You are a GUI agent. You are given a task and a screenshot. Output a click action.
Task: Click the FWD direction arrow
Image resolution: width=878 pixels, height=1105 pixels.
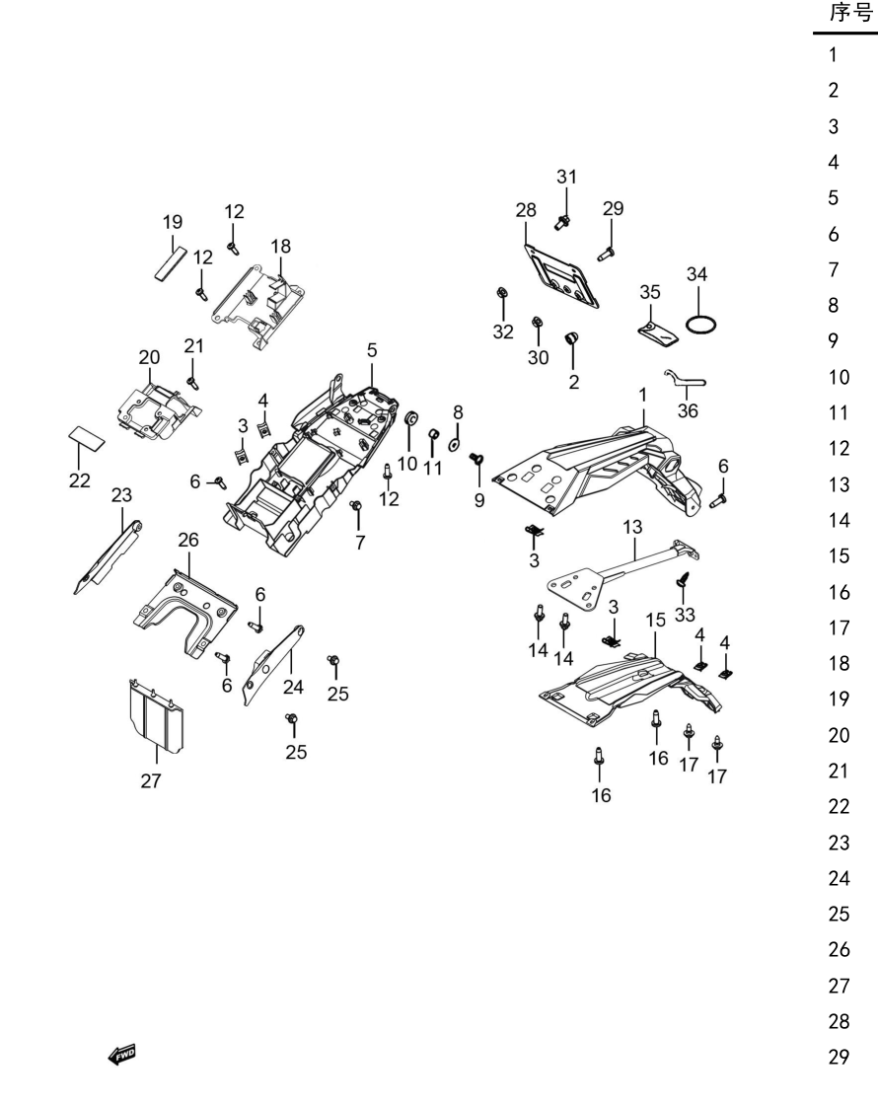(x=122, y=1055)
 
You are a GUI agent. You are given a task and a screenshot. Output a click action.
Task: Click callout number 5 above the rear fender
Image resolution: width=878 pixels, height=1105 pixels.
(x=372, y=350)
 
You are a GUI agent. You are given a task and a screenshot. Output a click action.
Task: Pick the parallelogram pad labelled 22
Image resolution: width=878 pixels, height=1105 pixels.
(x=87, y=438)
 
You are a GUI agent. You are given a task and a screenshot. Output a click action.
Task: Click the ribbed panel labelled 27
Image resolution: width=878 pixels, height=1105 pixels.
(x=157, y=714)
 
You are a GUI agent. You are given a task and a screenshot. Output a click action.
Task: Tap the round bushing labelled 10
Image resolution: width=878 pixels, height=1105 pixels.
(x=410, y=418)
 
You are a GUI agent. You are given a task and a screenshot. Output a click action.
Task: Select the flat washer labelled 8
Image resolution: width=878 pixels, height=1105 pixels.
(x=455, y=444)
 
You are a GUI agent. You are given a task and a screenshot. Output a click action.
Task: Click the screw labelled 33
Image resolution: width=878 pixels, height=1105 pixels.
(x=683, y=579)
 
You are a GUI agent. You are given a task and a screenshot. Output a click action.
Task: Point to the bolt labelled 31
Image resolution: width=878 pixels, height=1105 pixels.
(x=562, y=223)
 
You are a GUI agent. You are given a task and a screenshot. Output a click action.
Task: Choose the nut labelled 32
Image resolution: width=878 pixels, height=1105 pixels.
(x=502, y=292)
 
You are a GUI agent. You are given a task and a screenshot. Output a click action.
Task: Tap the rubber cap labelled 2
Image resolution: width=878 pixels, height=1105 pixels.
(x=571, y=338)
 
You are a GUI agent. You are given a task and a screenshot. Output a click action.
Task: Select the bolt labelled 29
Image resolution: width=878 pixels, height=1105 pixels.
(x=606, y=253)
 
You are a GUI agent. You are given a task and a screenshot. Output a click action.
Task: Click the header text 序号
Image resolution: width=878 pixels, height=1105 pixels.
(x=851, y=13)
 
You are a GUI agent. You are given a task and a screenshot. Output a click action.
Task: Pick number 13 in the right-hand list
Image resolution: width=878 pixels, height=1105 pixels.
(x=840, y=484)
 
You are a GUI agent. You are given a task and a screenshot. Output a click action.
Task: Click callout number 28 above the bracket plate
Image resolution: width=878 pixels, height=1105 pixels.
(x=526, y=210)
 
